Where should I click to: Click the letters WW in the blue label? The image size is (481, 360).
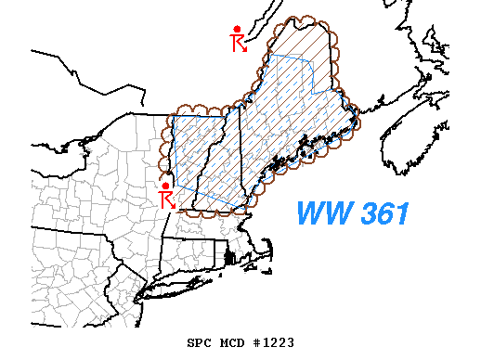coord(318,214)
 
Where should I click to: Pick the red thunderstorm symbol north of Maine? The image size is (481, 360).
coord(239,38)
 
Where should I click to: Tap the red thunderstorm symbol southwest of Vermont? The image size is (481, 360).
coord(168,195)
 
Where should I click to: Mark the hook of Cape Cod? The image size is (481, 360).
coord(266,248)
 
